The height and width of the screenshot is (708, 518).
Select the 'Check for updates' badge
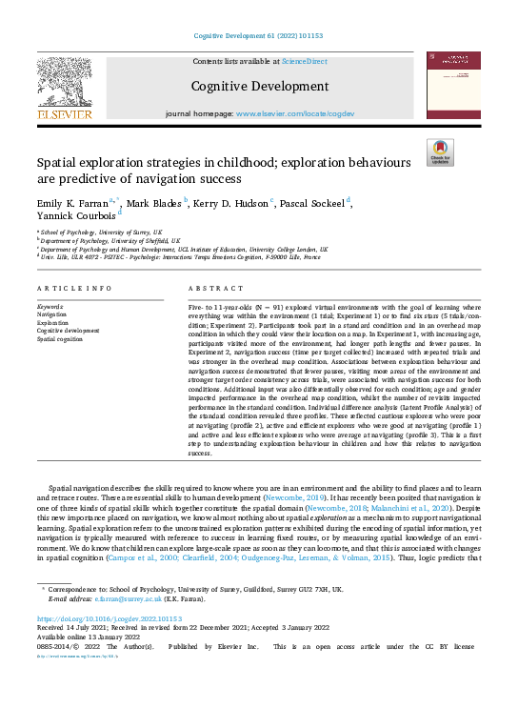pyautogui.click(x=439, y=152)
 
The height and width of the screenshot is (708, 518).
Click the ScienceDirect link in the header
pyautogui.click(x=306, y=61)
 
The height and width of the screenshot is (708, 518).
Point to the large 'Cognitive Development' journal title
pyautogui.click(x=259, y=86)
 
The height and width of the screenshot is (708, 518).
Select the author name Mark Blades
pyautogui.click(x=155, y=202)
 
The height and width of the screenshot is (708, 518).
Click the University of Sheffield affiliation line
pyautogui.click(x=102, y=239)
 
